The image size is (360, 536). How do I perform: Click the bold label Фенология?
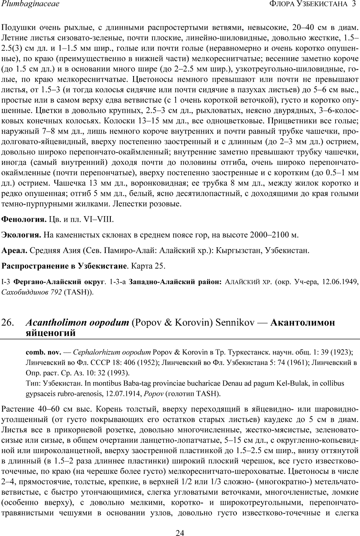[x=24, y=219]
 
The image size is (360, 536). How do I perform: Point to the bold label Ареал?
[x=14, y=251]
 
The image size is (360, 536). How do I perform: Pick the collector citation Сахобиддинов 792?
[x=32, y=292]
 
